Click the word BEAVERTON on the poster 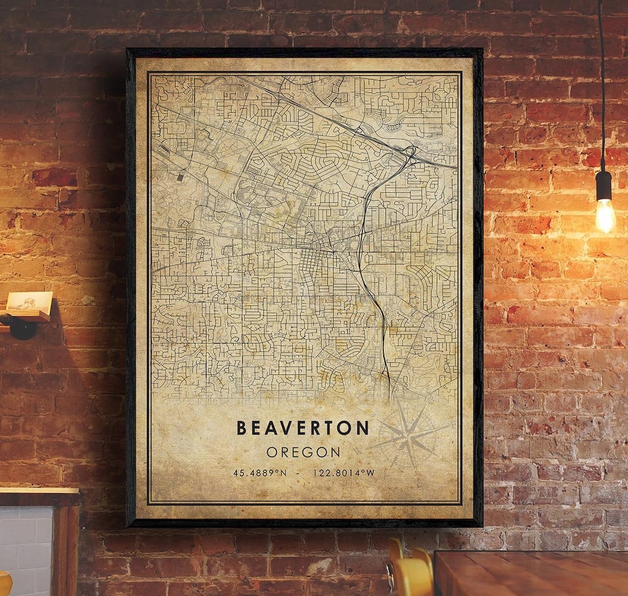(302, 429)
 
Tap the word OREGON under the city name (304, 452)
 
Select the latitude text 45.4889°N (260, 473)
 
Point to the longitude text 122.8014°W (344, 473)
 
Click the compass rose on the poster (409, 436)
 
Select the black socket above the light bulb (604, 185)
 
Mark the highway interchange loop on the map (411, 153)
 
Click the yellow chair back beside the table (410, 573)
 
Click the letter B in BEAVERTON (241, 429)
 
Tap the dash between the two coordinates (298, 473)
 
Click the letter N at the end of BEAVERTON (362, 429)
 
